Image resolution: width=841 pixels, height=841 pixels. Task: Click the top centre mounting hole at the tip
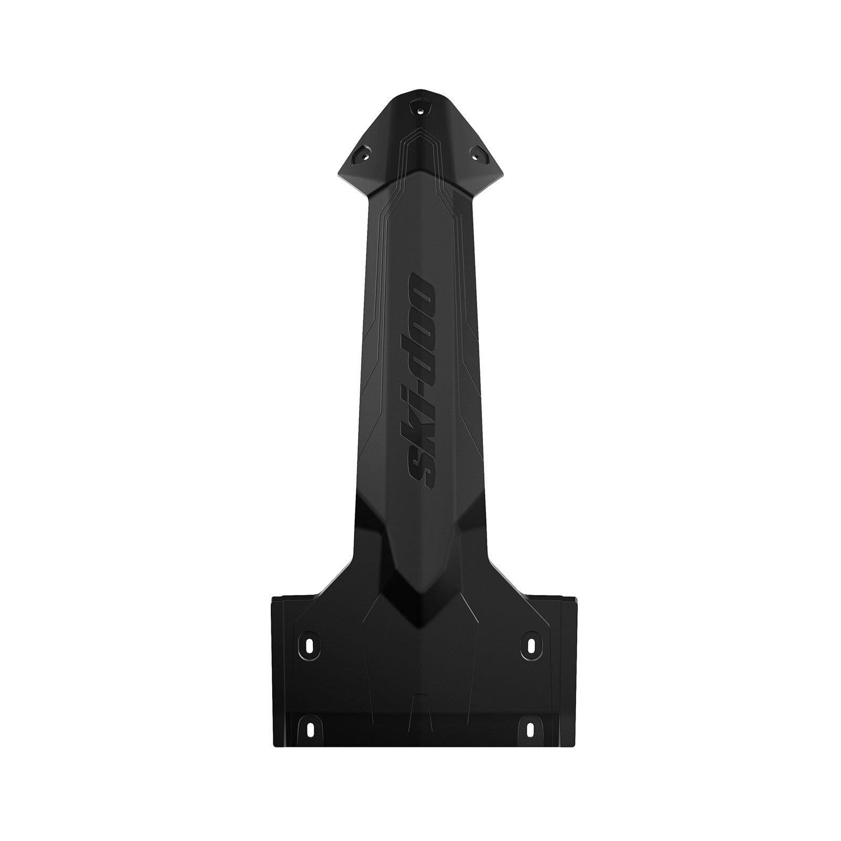coord(420,111)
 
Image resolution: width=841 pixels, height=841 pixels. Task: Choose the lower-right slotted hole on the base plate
coord(531,728)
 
